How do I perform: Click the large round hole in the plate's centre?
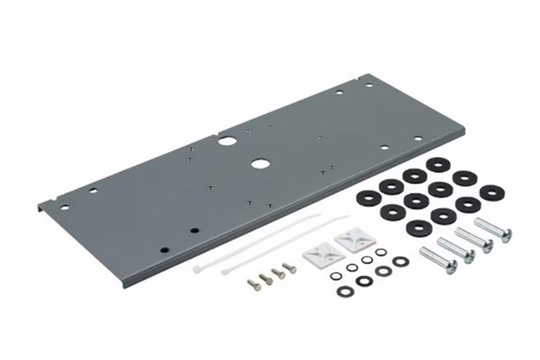[x=260, y=163]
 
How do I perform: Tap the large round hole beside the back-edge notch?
[x=227, y=142]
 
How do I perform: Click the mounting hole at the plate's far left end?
[x=65, y=208]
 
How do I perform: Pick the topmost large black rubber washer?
[x=439, y=165]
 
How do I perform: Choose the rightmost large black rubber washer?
[x=491, y=192]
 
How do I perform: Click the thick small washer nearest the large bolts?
[x=400, y=261]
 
